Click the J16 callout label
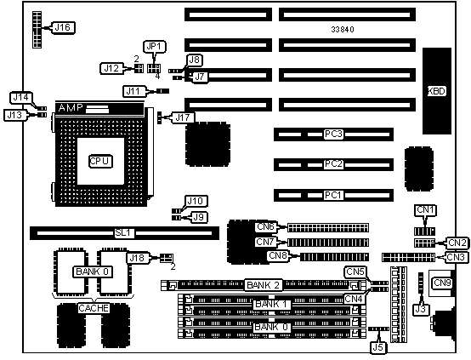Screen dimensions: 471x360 63,28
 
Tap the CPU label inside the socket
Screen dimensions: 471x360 100,161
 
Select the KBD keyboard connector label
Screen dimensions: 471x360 436,91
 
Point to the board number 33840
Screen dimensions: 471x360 343,30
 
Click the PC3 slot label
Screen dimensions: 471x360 333,134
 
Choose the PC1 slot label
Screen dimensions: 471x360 333,195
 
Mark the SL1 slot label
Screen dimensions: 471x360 124,233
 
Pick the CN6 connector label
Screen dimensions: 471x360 265,226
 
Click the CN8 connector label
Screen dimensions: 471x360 278,256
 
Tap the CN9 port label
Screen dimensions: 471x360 442,283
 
